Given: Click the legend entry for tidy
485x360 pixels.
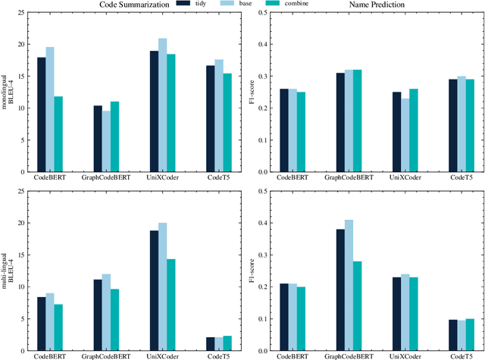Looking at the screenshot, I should pos(199,5).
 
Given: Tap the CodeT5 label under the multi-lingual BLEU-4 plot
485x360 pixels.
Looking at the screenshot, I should pos(217,355).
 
